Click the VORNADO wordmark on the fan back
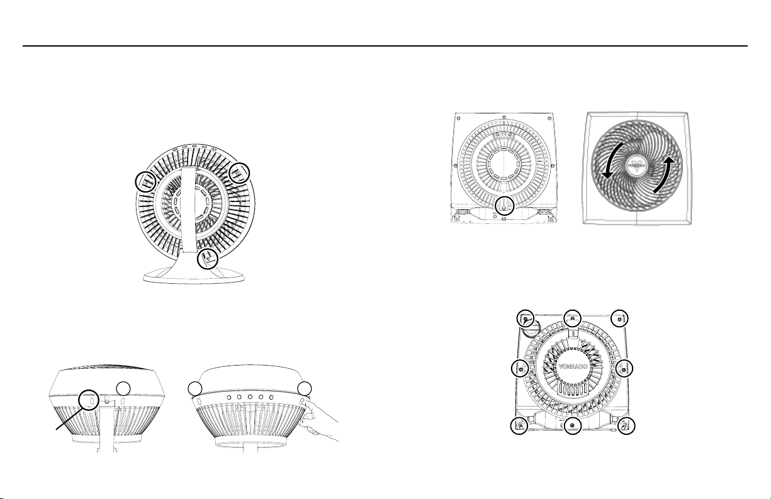click(x=573, y=366)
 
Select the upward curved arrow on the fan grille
click(x=663, y=175)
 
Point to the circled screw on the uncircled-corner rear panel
click(x=504, y=206)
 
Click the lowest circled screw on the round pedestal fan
click(x=208, y=259)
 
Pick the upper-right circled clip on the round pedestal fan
click(x=239, y=173)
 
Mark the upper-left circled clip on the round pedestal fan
click(x=146, y=181)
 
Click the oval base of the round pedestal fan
click(x=194, y=276)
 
